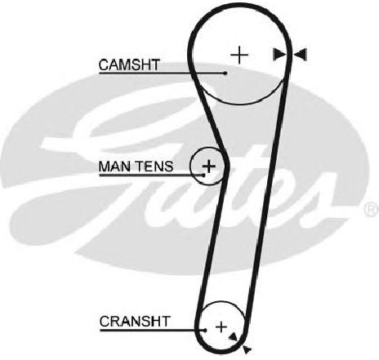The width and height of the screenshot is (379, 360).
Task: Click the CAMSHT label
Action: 129,64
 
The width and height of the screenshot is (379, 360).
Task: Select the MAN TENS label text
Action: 136,167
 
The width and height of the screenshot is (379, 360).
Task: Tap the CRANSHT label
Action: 135,322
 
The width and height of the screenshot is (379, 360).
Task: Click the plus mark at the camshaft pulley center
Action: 239,56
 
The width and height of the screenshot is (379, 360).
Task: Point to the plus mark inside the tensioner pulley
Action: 209,166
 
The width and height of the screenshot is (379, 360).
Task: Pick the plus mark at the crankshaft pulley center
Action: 221,327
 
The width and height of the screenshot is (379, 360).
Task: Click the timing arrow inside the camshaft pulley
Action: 279,55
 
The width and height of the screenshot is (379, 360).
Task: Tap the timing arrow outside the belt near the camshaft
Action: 301,55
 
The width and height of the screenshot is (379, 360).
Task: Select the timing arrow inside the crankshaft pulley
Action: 233,337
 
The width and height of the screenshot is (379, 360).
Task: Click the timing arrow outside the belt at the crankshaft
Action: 247,349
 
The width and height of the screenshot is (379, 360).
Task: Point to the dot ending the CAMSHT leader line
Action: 225,73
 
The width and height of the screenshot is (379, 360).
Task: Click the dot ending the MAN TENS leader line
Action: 204,175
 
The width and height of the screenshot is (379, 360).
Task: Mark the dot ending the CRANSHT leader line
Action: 205,331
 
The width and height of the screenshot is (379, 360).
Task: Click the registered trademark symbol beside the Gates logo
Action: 372,209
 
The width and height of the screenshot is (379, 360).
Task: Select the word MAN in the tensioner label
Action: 114,167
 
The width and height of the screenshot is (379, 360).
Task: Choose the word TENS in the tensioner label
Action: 154,167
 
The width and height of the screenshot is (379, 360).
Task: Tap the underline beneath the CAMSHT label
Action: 162,73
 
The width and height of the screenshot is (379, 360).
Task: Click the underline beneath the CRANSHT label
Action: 152,331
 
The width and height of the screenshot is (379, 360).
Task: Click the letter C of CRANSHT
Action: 105,322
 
